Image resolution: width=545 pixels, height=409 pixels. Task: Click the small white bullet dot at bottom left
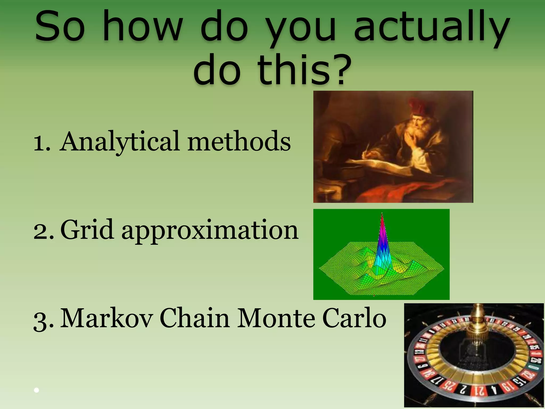(x=37, y=390)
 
